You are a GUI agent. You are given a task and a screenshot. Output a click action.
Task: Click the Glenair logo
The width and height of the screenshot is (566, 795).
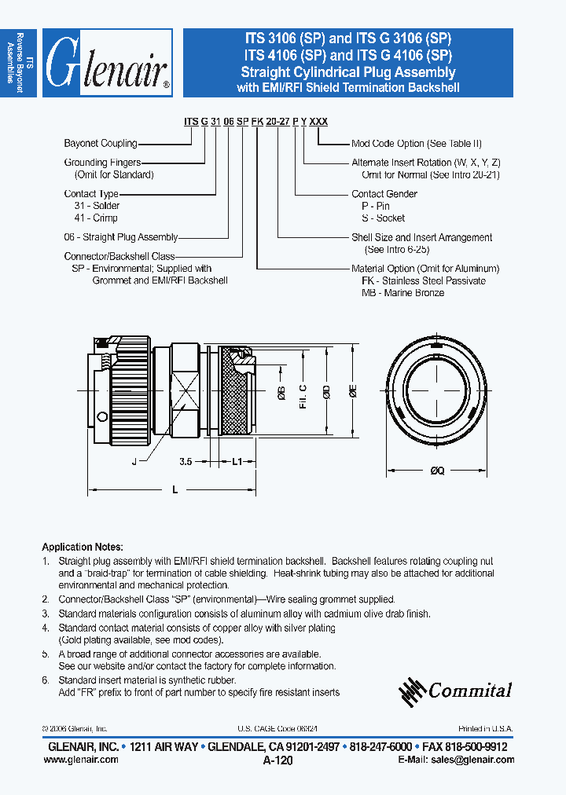tap(107, 64)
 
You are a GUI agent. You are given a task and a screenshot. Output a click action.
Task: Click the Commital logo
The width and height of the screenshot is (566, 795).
tap(455, 691)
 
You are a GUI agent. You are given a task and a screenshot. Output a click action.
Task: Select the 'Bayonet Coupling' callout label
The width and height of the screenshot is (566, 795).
tap(101, 144)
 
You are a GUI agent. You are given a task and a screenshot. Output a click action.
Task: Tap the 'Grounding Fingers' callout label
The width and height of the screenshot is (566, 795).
tap(102, 163)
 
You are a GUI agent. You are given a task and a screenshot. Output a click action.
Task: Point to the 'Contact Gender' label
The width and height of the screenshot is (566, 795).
tap(384, 194)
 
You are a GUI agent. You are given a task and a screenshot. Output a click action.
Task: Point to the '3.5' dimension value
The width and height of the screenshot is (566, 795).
tap(186, 462)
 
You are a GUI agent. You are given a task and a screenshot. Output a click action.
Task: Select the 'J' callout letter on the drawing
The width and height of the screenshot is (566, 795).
tap(134, 462)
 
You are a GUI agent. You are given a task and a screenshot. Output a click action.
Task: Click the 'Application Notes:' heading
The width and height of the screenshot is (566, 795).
tap(82, 546)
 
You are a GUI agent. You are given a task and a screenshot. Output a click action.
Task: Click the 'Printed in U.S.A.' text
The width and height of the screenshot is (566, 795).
tap(485, 729)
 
